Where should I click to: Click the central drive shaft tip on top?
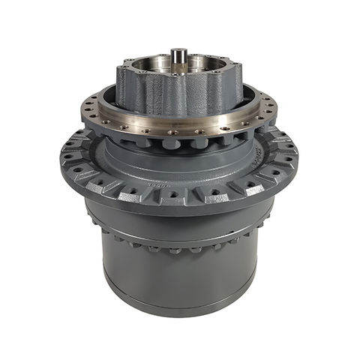pyautogui.click(x=179, y=54)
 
